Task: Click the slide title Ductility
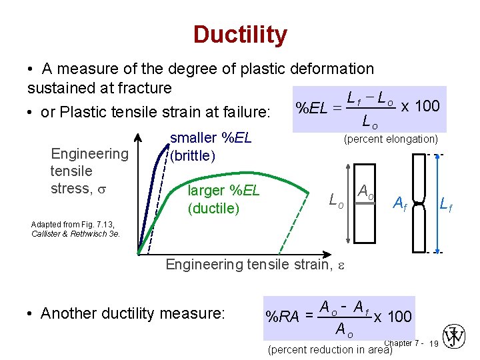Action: coord(240,35)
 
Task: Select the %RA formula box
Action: coord(339,317)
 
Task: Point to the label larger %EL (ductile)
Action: coord(223,199)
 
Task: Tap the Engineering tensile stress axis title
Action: coord(89,171)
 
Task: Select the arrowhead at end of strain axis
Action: coord(332,254)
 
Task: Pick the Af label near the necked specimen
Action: coord(401,202)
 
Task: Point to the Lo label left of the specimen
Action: coord(337,199)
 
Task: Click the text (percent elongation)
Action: coord(390,139)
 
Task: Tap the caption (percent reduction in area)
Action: coord(329,349)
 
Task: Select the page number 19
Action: coord(433,343)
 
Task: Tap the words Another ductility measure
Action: coord(133,313)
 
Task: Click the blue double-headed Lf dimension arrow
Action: coord(437,203)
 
